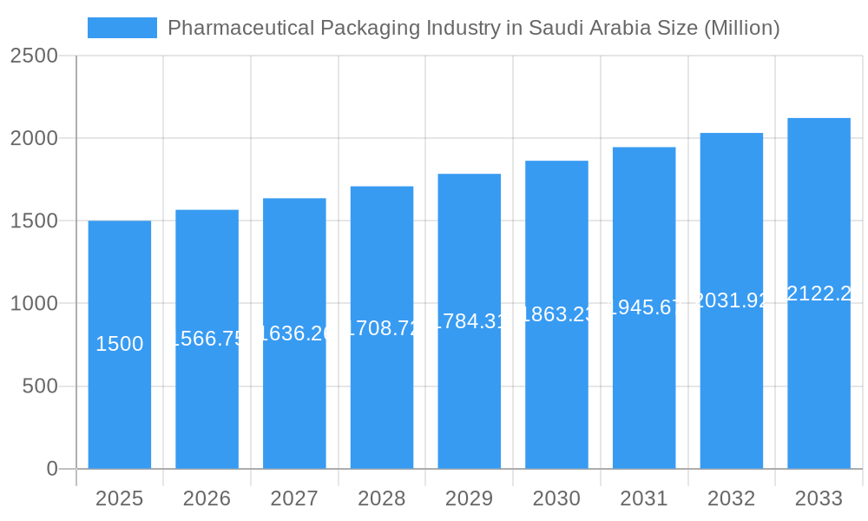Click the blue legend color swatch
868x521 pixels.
coord(122,28)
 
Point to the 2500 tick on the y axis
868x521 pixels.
coord(34,56)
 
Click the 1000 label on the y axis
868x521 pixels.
coord(34,304)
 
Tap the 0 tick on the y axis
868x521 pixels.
coord(51,469)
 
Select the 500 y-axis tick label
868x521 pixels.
coord(40,386)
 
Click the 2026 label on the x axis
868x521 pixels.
coord(207,499)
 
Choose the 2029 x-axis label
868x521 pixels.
coord(469,499)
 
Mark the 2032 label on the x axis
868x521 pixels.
coord(731,499)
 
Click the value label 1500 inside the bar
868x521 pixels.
coord(120,344)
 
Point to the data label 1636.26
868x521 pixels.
coord(294,333)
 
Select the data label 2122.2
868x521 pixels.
coord(819,293)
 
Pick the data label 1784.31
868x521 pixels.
coord(469,321)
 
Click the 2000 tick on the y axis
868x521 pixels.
coord(34,138)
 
